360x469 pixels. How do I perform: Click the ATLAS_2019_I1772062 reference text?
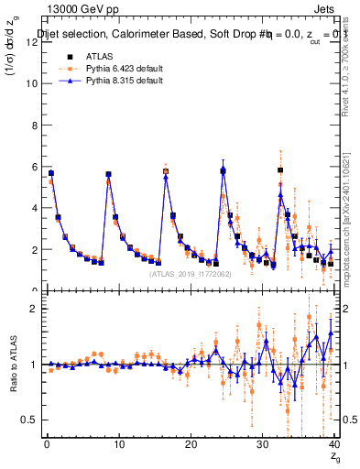point(190,273)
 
